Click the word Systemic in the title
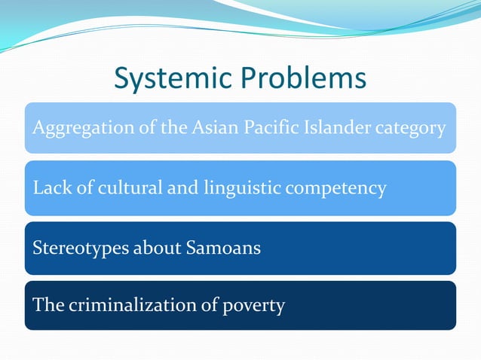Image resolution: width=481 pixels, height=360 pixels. [x=174, y=79]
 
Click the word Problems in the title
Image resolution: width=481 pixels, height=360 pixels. [x=305, y=79]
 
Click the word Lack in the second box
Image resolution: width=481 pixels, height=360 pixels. [x=48, y=188]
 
